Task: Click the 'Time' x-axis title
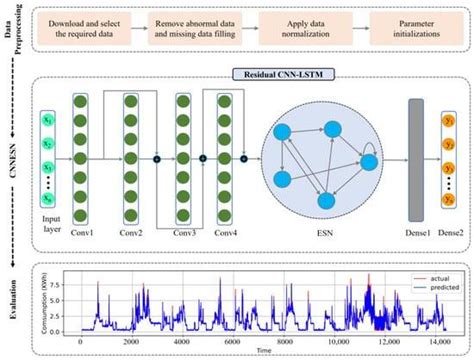click(262, 351)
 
